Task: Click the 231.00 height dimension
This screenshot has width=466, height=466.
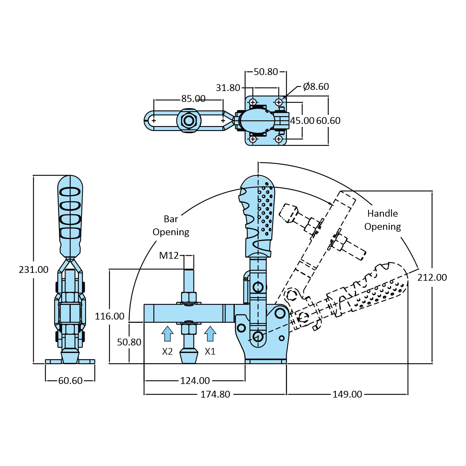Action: click(34, 269)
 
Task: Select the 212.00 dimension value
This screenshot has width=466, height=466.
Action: click(432, 277)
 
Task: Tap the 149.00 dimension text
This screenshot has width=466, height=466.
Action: click(347, 394)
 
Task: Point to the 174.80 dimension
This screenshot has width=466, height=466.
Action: click(215, 394)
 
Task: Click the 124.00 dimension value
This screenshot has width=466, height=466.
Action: click(195, 380)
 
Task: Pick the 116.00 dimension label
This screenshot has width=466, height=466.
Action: click(109, 316)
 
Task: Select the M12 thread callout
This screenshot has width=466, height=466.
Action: click(169, 256)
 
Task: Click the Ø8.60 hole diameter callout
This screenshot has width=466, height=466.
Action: click(316, 87)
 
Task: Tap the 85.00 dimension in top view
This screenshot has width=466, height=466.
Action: click(193, 99)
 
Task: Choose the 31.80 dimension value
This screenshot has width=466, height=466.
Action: click(228, 88)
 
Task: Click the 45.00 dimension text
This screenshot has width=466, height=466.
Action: click(302, 120)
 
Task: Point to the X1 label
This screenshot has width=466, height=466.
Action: click(210, 351)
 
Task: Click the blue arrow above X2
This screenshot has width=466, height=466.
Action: click(167, 334)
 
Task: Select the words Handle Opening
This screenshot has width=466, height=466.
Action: click(382, 220)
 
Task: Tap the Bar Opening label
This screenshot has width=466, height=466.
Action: click(171, 225)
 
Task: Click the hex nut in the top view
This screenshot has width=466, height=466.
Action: click(188, 120)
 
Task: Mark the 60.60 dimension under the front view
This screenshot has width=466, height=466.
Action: click(70, 380)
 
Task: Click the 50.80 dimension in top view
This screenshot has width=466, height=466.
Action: click(266, 72)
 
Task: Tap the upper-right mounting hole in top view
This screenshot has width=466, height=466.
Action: click(279, 102)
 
